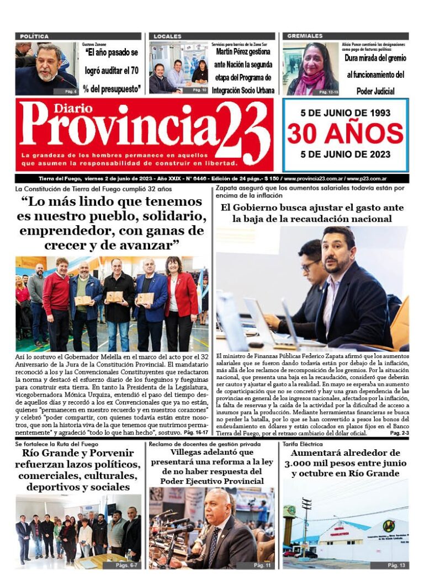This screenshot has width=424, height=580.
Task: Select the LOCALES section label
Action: click(167, 36)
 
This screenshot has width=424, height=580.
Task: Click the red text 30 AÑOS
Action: click(345, 134)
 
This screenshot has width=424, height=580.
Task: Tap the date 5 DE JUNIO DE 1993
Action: click(345, 113)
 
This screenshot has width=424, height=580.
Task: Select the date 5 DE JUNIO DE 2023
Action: click(345, 154)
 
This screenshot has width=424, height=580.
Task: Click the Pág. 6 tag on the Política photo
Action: click(70, 91)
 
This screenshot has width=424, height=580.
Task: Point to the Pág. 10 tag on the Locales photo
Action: click(199, 90)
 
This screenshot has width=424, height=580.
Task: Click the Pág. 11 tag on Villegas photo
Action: click(262, 565)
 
